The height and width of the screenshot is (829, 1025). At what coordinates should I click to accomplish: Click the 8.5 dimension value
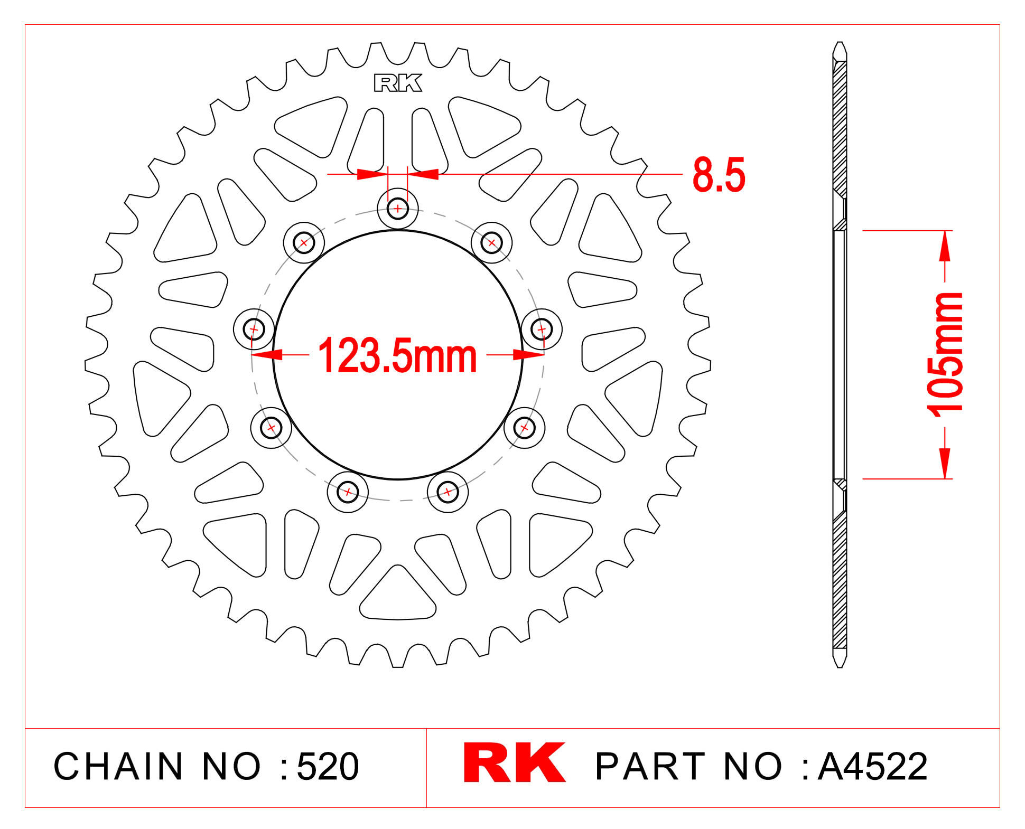click(719, 174)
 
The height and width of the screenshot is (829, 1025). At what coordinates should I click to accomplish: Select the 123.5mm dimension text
click(397, 356)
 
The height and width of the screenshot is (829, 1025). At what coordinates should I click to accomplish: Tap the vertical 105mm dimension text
click(945, 354)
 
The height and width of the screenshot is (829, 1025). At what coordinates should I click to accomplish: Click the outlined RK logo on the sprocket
click(398, 83)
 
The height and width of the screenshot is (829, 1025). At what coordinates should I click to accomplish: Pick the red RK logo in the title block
click(514, 762)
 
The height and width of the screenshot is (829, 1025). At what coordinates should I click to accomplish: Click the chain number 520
click(328, 766)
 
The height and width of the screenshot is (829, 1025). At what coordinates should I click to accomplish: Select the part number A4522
click(872, 766)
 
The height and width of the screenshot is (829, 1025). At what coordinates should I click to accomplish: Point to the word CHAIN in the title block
click(118, 766)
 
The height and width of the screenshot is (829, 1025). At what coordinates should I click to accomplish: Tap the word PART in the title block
click(650, 766)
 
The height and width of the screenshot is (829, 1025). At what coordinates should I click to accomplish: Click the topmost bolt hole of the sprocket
click(398, 209)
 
